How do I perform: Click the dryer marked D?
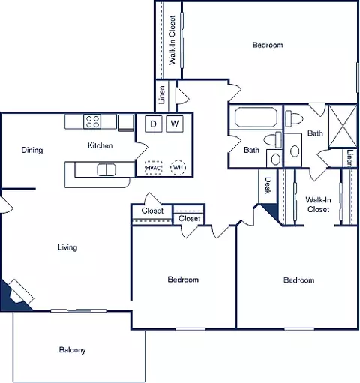(x=153, y=124)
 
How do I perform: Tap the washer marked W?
(x=175, y=124)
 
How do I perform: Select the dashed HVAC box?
(x=154, y=167)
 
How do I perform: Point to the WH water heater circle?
(x=178, y=167)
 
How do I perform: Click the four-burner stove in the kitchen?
(x=92, y=121)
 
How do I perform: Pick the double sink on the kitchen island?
(x=106, y=170)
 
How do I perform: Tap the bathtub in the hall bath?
(x=256, y=117)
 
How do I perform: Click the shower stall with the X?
(x=343, y=126)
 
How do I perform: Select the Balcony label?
(x=72, y=350)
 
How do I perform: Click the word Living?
(x=67, y=247)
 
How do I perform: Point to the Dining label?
(x=32, y=150)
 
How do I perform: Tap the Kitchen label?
(x=100, y=145)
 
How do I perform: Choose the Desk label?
(x=268, y=185)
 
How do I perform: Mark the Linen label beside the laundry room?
(x=162, y=95)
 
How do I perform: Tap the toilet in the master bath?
(x=294, y=118)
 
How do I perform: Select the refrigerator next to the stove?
(x=126, y=122)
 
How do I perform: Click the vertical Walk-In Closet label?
(x=172, y=40)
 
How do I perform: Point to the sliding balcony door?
(x=79, y=311)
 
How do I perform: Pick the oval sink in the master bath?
(x=295, y=151)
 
